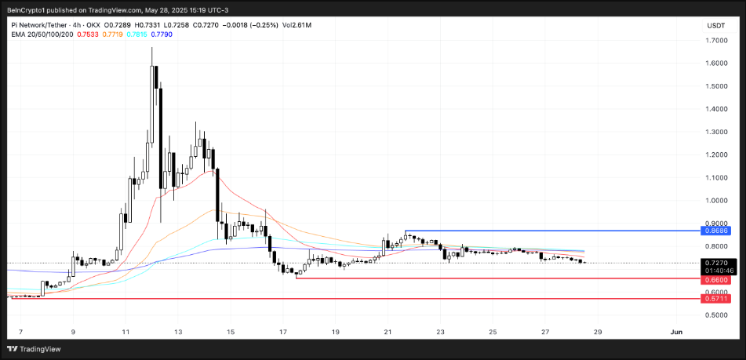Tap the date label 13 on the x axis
point(178,332)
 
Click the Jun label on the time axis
point(676,332)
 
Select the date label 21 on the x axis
point(388,332)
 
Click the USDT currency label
point(715,25)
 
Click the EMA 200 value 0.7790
point(163,35)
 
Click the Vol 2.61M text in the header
point(296,25)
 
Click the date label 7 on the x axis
point(20,332)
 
